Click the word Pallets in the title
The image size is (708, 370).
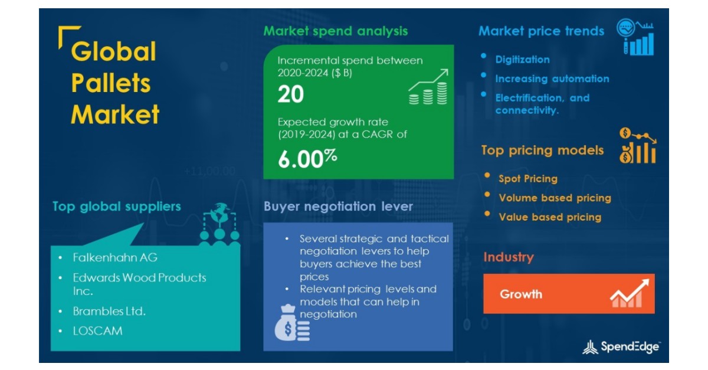point(110,83)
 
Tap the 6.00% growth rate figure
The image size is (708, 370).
point(307,158)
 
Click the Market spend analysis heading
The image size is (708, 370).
point(335,31)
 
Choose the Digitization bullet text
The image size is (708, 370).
point(522,60)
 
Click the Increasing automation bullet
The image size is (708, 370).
point(552,78)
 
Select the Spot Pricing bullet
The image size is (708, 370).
point(527,179)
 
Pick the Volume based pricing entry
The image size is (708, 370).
point(555,198)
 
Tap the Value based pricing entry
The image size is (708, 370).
point(550,217)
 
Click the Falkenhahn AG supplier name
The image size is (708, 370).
point(115,257)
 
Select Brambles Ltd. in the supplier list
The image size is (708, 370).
point(109,311)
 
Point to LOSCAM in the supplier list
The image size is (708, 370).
point(98,330)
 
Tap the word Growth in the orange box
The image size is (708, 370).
point(521,294)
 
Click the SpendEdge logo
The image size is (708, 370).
point(621,347)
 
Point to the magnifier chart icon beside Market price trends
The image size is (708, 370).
point(635,38)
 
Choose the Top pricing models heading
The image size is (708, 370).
point(542,150)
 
